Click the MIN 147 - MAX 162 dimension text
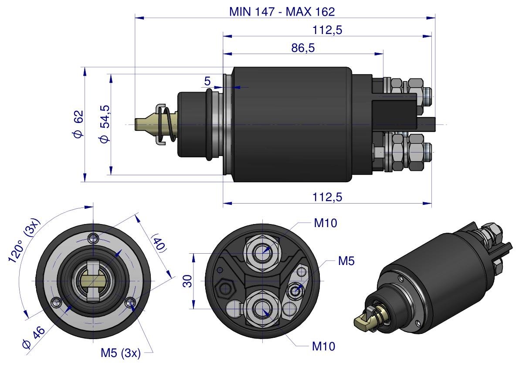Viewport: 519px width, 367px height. tap(282, 12)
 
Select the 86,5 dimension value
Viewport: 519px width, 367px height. tap(303, 48)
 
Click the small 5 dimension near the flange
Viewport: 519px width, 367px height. tap(207, 81)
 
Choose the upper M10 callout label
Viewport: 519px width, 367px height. tap(326, 223)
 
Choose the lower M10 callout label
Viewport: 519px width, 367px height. tap(323, 347)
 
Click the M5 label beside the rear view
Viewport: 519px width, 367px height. tap(346, 261)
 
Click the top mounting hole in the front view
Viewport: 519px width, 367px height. tap(92, 238)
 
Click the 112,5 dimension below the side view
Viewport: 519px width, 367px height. tap(327, 197)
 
